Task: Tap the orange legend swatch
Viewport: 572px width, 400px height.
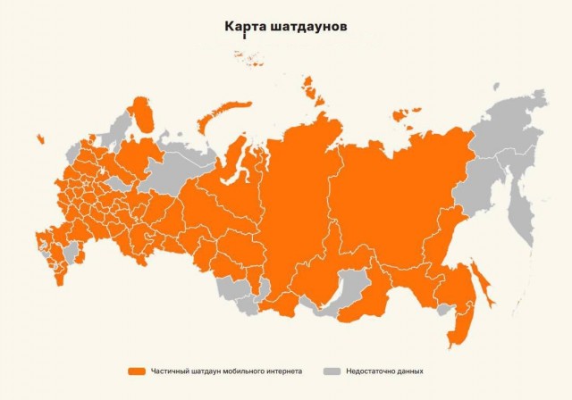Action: click(x=136, y=370)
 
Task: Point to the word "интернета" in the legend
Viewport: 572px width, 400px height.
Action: click(x=284, y=370)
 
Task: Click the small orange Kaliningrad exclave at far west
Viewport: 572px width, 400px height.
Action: click(x=40, y=138)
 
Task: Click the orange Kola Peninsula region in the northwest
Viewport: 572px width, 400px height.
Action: click(x=142, y=116)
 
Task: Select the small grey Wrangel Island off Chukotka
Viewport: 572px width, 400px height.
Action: click(x=496, y=87)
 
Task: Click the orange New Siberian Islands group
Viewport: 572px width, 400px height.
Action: click(x=408, y=114)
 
